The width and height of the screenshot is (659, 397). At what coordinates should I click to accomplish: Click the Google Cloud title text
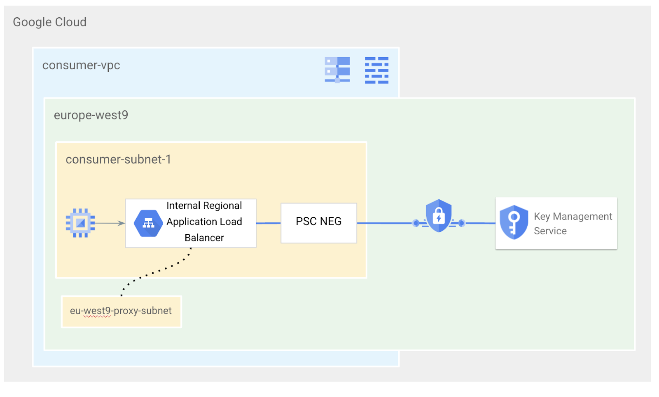49,22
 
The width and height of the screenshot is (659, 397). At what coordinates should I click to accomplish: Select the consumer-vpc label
81,65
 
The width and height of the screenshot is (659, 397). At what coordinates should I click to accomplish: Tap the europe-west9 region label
91,115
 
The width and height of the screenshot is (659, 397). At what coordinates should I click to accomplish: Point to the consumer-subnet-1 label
118,159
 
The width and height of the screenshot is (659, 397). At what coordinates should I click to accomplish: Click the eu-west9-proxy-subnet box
121,311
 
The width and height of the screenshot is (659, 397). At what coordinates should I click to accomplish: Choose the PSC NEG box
318,222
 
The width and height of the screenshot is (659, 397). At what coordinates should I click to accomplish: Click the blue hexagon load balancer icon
148,223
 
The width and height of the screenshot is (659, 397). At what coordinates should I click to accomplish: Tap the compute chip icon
80,223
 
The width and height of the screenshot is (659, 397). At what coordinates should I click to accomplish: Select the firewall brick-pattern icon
376,70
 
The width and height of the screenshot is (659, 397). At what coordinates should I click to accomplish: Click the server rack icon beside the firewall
337,70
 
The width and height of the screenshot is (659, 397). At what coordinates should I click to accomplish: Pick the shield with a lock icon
439,215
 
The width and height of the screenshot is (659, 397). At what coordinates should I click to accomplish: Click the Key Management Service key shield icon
514,222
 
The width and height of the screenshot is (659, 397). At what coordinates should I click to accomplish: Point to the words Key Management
573,217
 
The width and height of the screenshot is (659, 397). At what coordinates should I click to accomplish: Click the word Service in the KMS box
550,231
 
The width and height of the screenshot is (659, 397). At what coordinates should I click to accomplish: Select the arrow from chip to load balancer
110,223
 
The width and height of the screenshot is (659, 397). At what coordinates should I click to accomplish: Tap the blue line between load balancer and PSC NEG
268,223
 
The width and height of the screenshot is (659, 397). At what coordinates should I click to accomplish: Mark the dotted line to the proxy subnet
157,271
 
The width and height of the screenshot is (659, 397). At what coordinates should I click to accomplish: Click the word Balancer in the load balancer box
204,238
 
